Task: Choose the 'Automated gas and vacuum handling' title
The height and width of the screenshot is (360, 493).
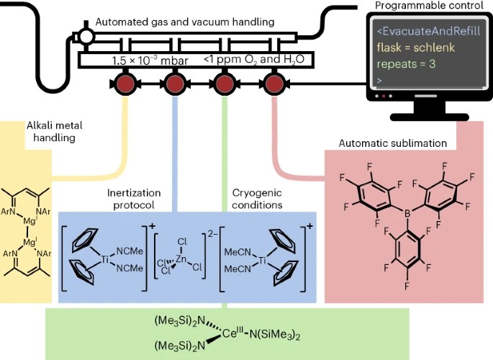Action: (185, 23)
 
